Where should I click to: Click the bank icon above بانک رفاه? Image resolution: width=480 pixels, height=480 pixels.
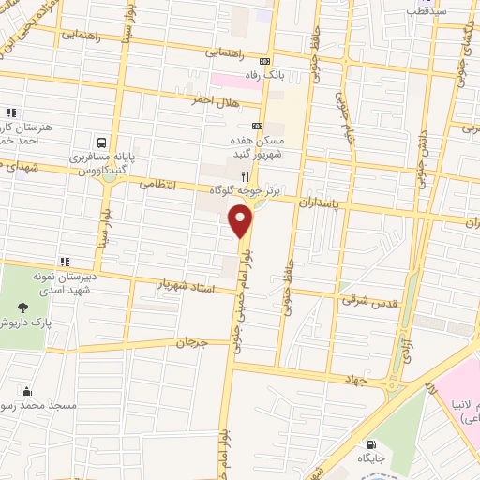coord(264,61)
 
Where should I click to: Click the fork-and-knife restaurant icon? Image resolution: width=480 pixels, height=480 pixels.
coord(245,175)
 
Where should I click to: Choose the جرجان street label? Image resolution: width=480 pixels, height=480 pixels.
coord(193,343)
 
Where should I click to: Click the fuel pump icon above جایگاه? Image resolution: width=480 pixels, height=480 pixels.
coord(373,443)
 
